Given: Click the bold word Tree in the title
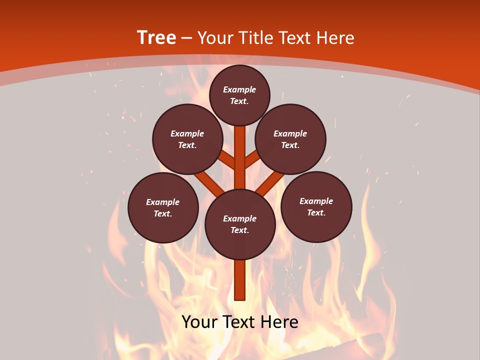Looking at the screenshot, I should [x=156, y=37].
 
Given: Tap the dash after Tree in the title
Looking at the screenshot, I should [x=187, y=38].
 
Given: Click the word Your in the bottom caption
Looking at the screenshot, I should [x=199, y=321].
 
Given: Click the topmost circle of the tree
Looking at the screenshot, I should [x=239, y=95].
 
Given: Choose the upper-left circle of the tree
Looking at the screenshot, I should [x=187, y=139].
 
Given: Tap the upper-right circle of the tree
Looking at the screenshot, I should [x=290, y=139].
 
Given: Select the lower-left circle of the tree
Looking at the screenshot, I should [x=163, y=207].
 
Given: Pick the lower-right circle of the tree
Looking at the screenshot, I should [x=316, y=206].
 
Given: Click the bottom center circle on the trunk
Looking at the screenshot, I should [x=240, y=224].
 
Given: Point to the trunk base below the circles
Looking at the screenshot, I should [x=240, y=280].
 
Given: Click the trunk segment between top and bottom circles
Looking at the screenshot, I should [x=240, y=157].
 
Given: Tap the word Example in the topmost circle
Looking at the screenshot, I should [x=239, y=89].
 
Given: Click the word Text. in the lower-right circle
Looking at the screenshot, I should [x=316, y=212].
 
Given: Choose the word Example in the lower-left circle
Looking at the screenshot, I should [x=162, y=202].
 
